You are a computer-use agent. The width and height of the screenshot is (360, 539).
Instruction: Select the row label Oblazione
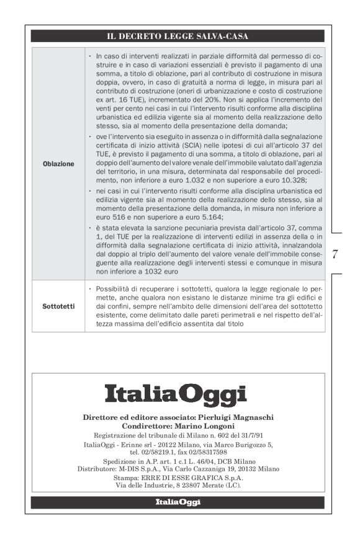point(59,164)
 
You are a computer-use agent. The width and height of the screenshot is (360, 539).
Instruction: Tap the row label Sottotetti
point(59,306)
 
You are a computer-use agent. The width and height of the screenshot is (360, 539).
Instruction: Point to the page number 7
point(336,253)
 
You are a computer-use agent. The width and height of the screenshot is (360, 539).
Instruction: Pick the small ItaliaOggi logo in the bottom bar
point(178,502)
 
